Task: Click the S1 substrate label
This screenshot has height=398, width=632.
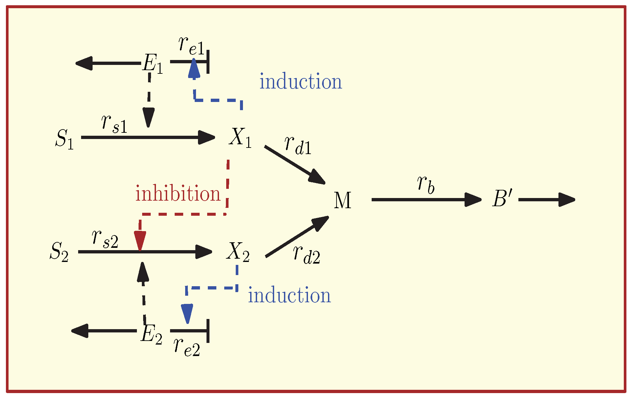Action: [65, 139]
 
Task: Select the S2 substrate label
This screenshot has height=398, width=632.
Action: [59, 252]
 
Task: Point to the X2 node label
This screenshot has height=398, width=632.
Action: [238, 252]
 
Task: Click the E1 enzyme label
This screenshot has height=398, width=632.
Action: [152, 64]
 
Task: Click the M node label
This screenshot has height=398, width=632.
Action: [342, 200]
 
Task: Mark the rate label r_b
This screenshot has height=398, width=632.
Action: [426, 184]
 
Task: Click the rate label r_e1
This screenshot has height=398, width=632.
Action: [191, 46]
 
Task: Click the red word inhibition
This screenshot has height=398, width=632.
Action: [178, 193]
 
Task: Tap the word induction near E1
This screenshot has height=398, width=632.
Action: [301, 82]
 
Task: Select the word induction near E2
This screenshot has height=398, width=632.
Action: [289, 295]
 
